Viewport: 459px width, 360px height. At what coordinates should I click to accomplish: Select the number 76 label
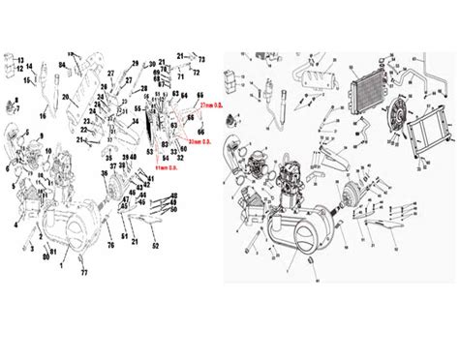click(x=109, y=245)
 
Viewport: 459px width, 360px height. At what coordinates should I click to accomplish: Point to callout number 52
click(x=156, y=246)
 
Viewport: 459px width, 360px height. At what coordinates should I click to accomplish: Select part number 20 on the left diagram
click(x=65, y=97)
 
